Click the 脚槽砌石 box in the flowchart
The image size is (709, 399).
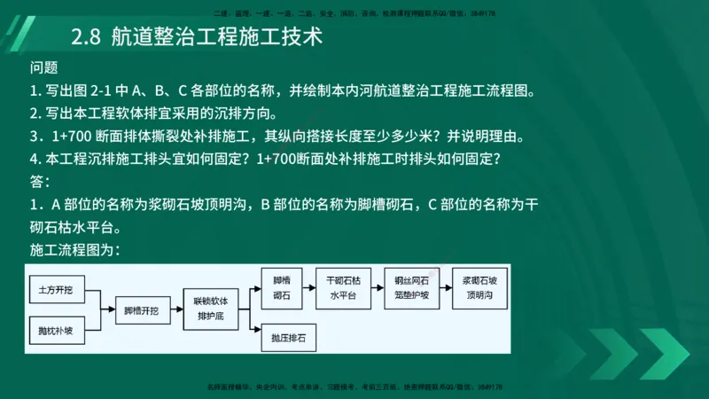[282, 286]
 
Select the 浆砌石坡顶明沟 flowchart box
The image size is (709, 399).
[480, 286]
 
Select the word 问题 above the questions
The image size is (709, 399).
[43, 68]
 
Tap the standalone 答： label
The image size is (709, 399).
[40, 182]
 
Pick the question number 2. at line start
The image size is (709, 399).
[35, 113]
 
